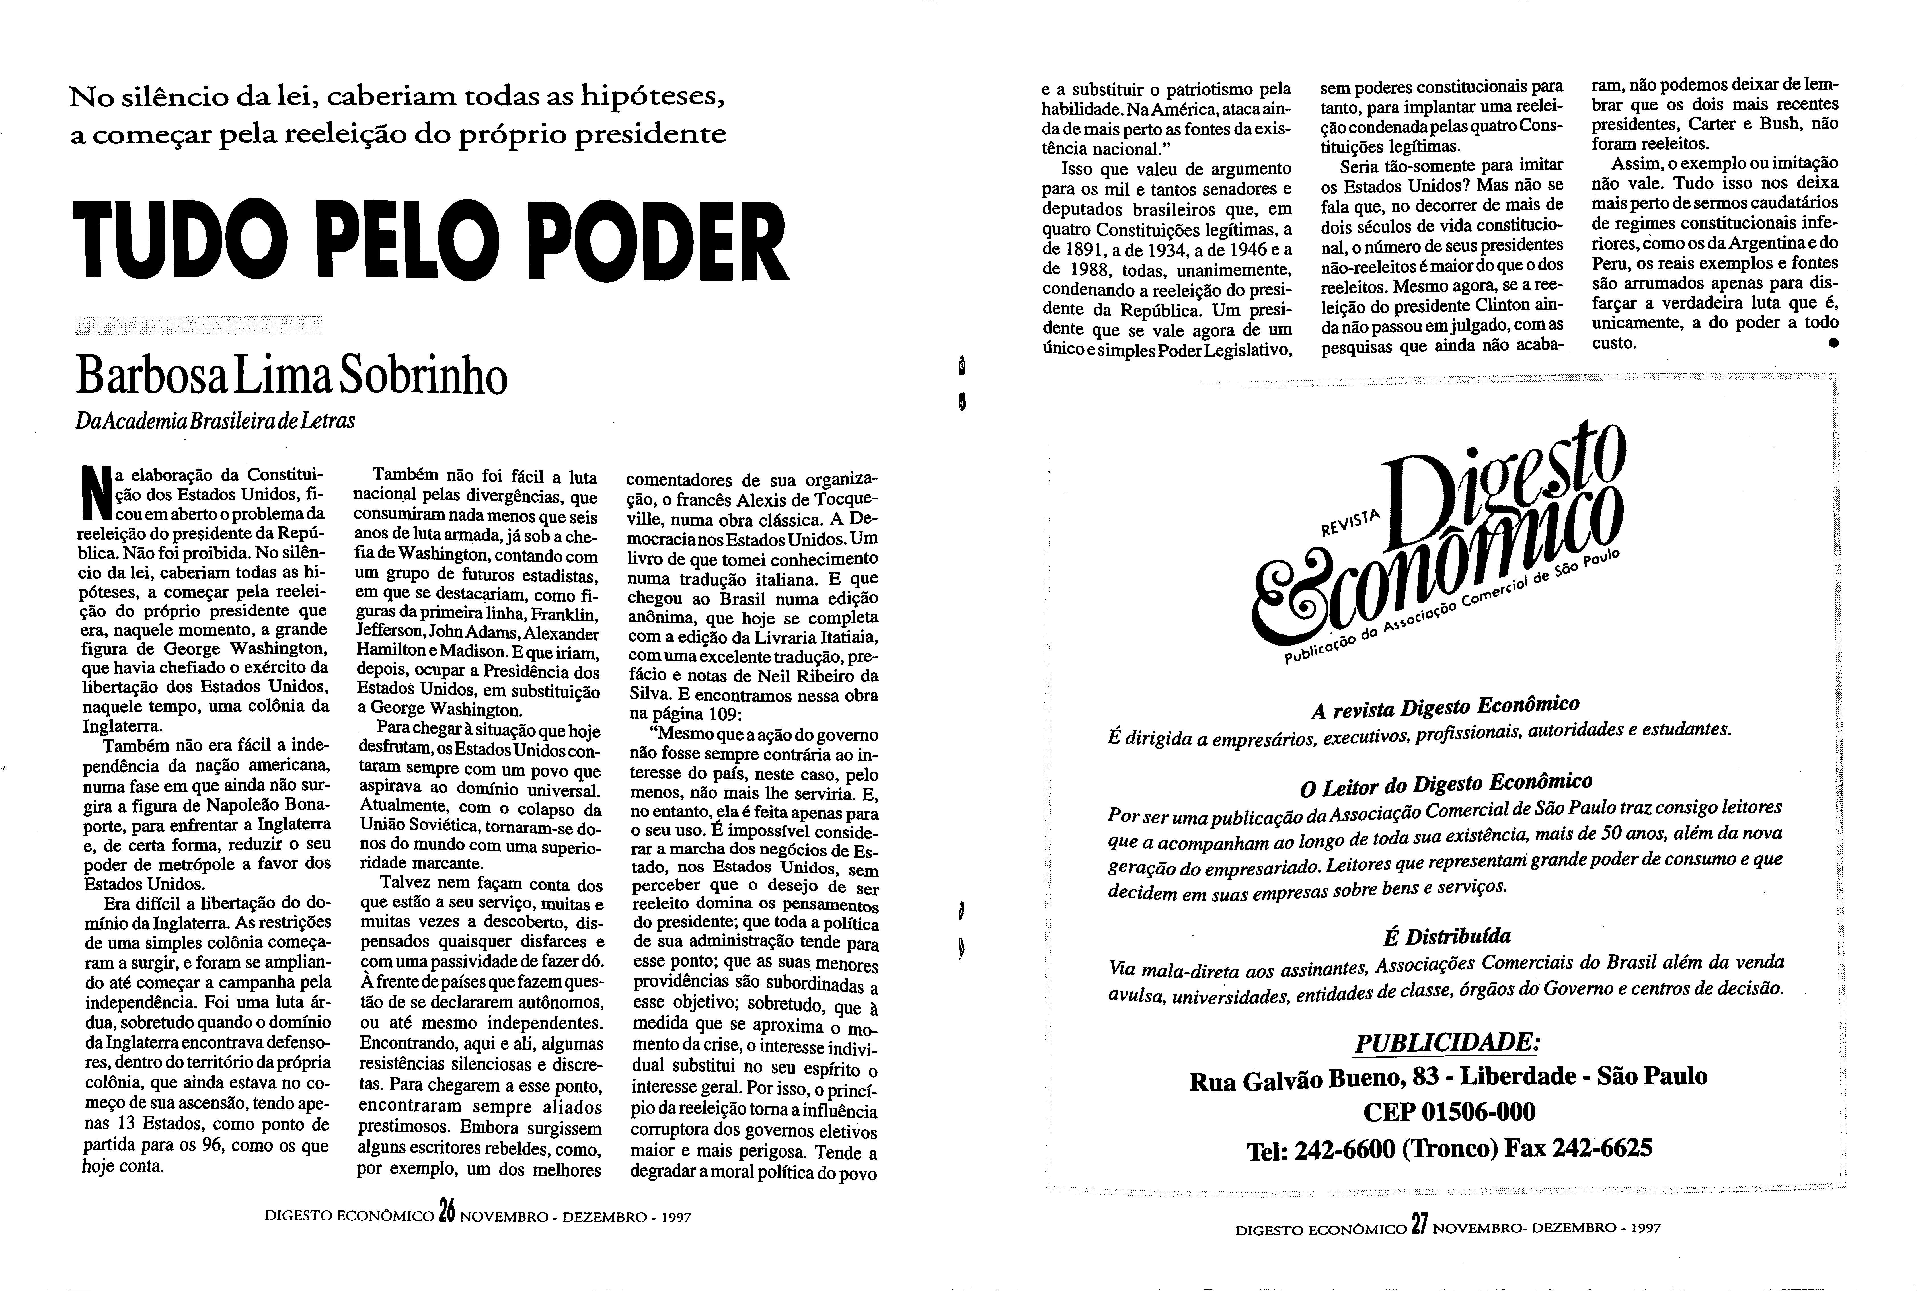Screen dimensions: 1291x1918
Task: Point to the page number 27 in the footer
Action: tap(1418, 1224)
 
